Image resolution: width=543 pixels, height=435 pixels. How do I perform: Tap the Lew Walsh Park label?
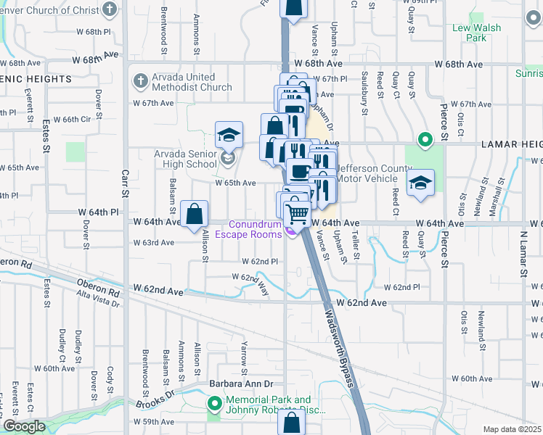[486, 33]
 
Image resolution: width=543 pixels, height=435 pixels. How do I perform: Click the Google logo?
[25, 426]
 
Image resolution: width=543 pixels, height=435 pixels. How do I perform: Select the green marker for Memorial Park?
[215, 404]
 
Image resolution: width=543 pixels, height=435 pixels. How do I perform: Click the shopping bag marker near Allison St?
[195, 215]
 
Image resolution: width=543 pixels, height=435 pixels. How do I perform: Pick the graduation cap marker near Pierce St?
[420, 183]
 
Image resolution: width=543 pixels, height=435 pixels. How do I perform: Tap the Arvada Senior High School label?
[185, 159]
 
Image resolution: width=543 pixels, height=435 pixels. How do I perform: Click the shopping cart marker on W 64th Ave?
[298, 215]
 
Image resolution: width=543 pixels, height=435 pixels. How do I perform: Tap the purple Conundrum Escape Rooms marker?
[290, 231]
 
